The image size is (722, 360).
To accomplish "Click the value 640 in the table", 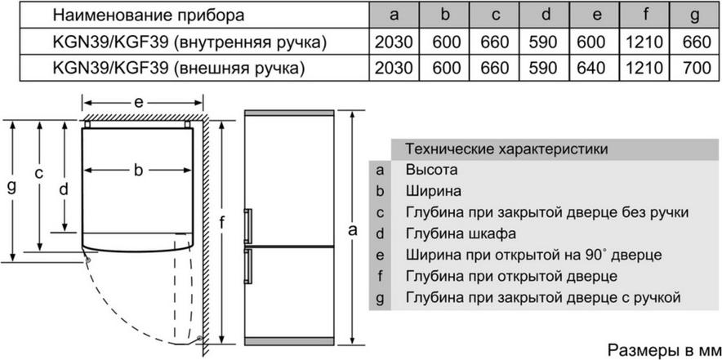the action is [596, 68].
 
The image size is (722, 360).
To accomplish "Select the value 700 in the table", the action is [697, 68].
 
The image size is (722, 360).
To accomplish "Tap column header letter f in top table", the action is [645, 16].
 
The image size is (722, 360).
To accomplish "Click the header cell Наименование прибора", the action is [149, 16].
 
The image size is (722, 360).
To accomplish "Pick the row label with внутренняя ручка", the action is [190, 42].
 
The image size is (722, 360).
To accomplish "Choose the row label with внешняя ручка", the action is [180, 69].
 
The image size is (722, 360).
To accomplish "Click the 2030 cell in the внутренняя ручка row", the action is [393, 42].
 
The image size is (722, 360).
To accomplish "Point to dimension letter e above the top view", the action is [139, 103].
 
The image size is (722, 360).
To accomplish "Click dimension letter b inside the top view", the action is [139, 171].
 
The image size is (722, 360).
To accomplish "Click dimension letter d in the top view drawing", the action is [64, 188].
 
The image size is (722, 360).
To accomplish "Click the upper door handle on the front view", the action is [248, 225].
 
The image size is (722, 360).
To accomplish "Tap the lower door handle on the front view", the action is [248, 267].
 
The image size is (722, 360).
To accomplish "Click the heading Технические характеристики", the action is [507, 149].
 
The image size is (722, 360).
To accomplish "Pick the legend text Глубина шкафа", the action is [461, 233].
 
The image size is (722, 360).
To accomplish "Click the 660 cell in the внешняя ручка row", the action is [495, 68].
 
